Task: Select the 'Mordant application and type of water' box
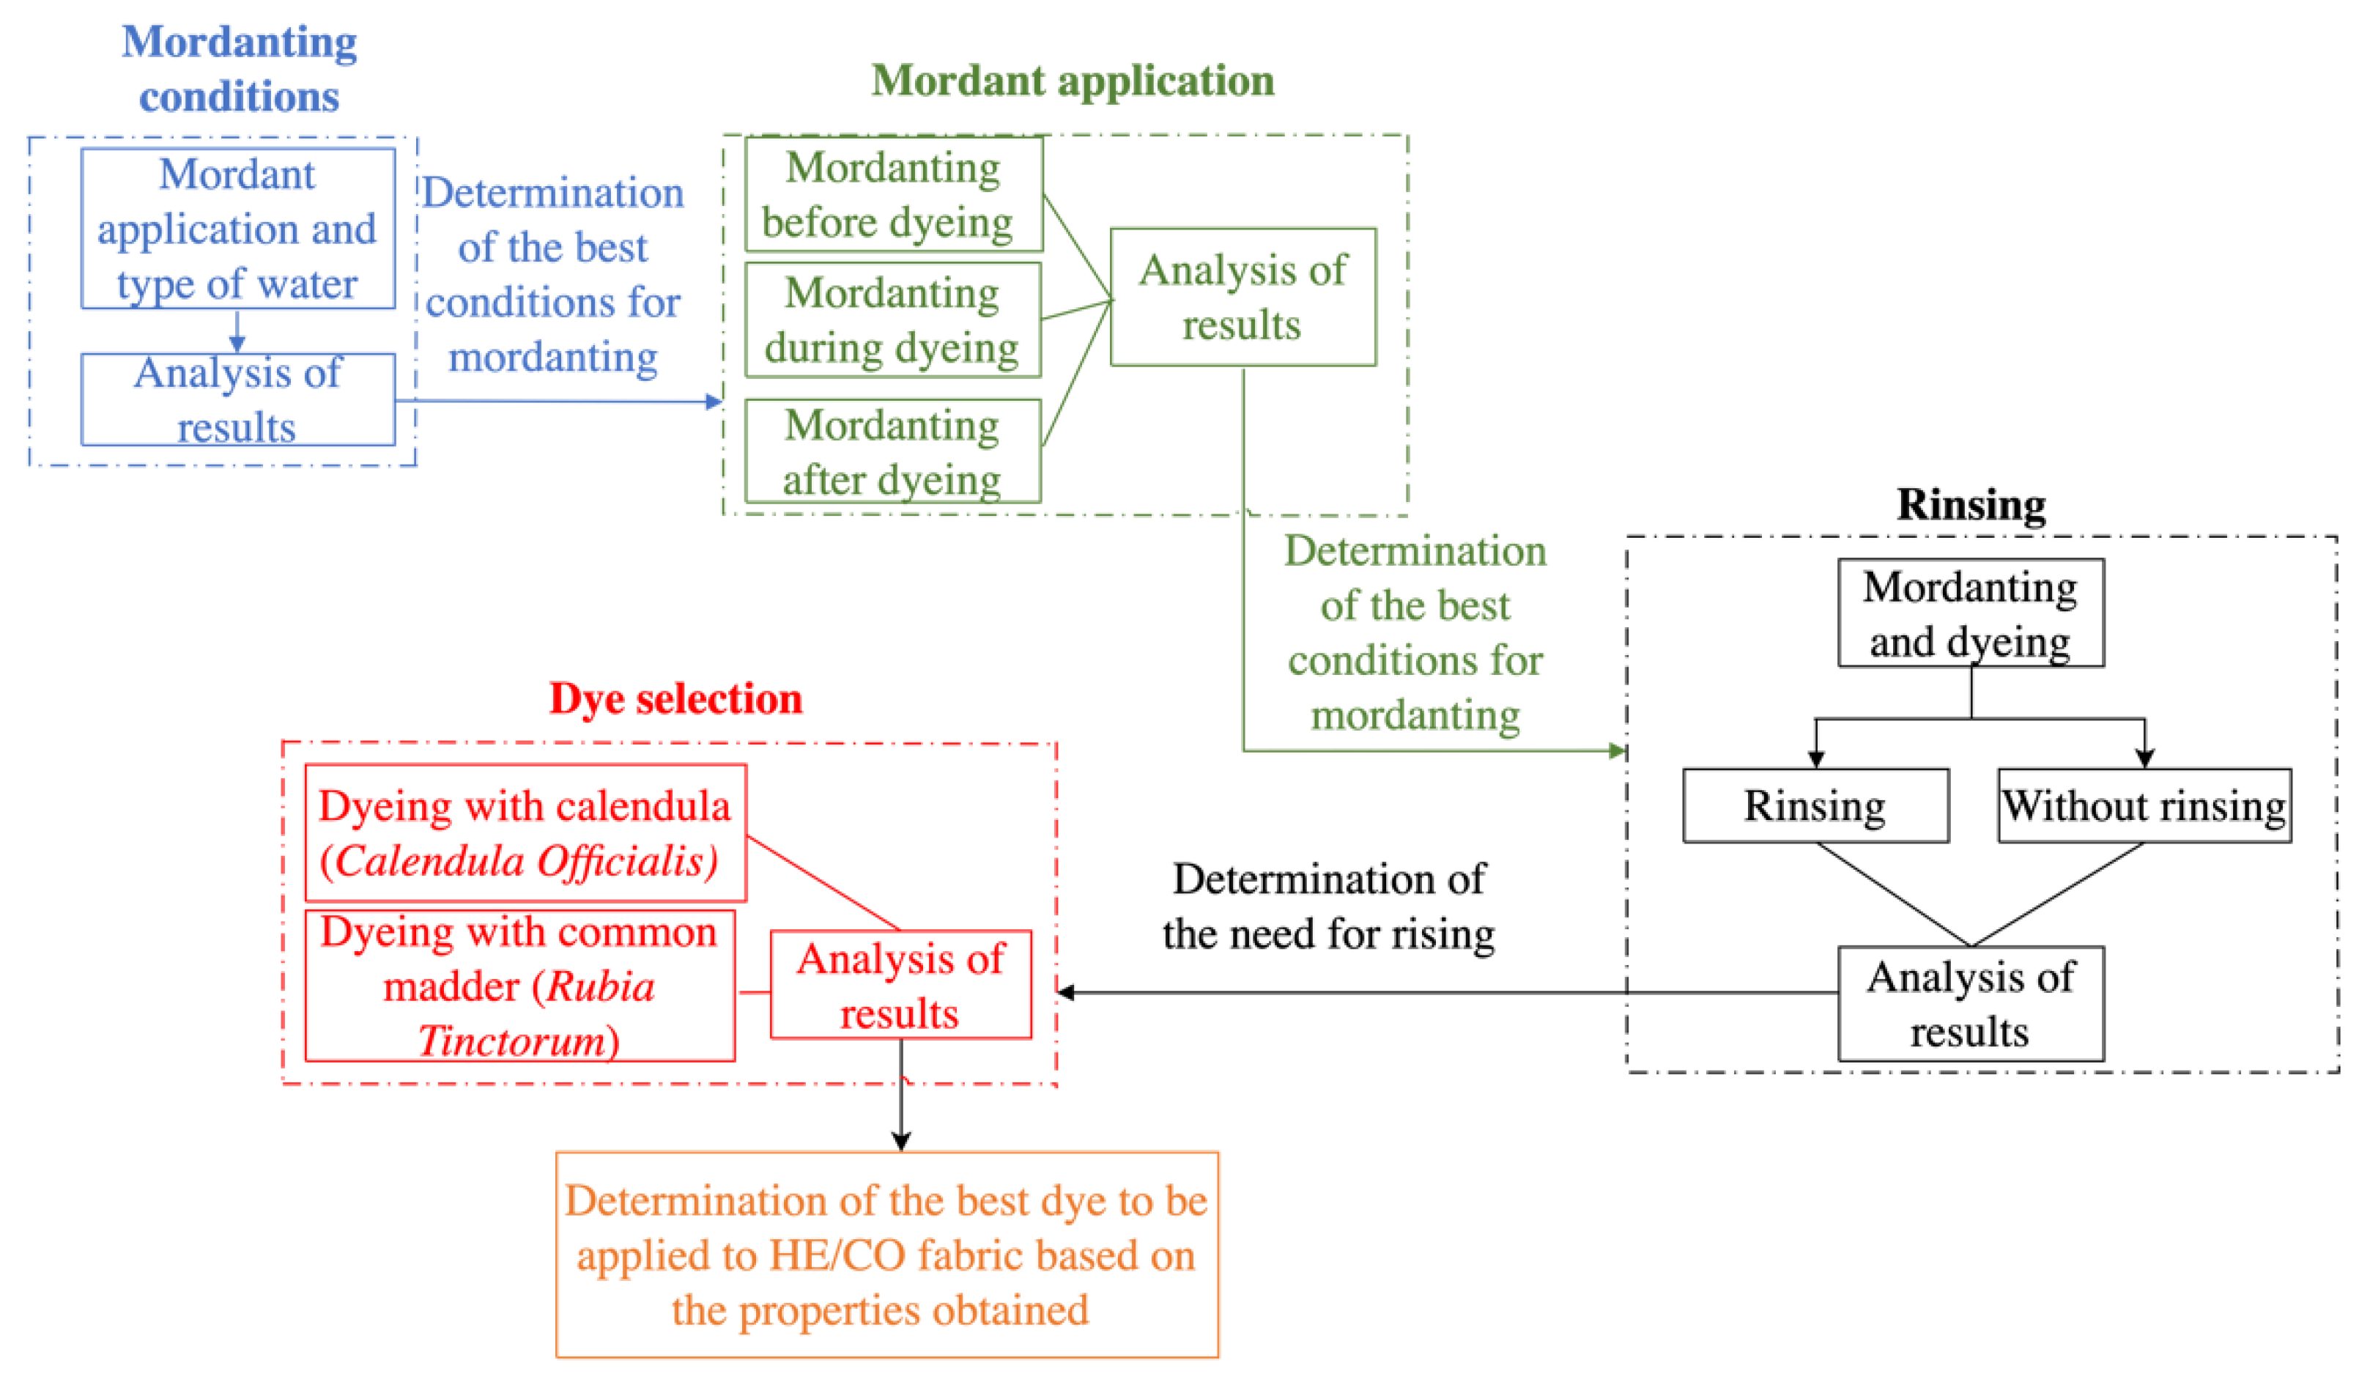click(238, 229)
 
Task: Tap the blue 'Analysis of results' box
click(238, 400)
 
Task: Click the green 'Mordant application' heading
click(1072, 81)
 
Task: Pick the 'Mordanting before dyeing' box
click(893, 195)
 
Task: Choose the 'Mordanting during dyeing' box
click(892, 320)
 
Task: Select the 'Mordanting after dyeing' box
click(892, 451)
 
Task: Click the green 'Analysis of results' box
click(1243, 297)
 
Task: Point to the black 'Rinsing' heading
click(1971, 505)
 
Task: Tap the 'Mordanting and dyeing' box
click(1971, 613)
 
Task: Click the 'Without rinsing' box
click(2144, 806)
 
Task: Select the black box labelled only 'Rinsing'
click(1815, 806)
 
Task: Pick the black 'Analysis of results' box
click(1971, 1005)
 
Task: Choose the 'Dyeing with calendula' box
click(525, 832)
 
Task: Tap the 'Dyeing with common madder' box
click(519, 986)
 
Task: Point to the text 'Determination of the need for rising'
click(1327, 906)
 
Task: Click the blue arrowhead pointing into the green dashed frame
click(714, 402)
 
